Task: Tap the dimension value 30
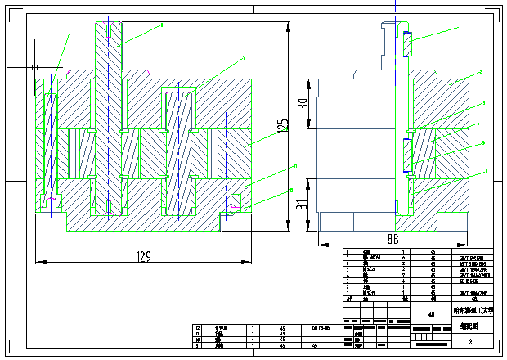(303, 104)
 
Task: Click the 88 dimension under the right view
(393, 239)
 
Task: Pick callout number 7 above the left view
(67, 35)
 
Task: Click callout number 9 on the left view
(244, 58)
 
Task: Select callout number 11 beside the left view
(294, 165)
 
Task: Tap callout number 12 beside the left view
(289, 191)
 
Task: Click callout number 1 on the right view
(460, 26)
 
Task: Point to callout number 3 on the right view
(484, 103)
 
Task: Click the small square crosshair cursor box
(34, 66)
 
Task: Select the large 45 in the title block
(432, 313)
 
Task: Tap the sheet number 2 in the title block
(469, 341)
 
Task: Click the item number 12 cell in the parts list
(197, 327)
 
